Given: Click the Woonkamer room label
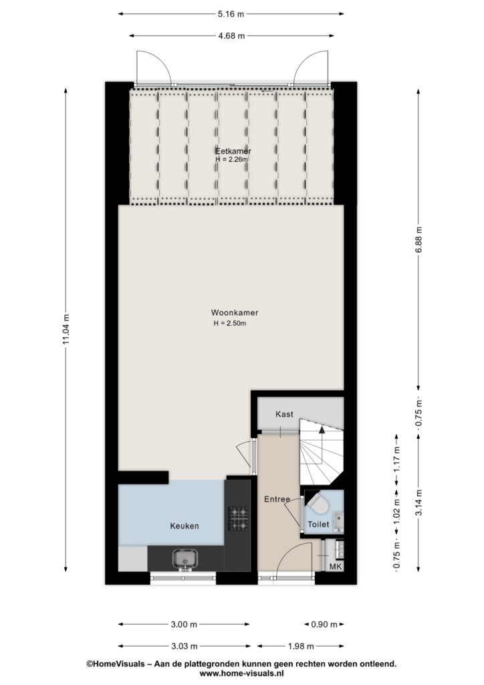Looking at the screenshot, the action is [x=235, y=313].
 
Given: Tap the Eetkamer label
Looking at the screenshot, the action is [x=233, y=151].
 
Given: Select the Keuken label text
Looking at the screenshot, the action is [x=184, y=526].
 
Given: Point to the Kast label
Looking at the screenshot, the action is [x=284, y=414].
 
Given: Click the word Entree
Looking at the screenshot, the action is [x=277, y=499].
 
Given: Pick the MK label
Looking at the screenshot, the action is [x=335, y=567].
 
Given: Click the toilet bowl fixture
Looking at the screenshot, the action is [x=318, y=504].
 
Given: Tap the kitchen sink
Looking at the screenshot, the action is [x=185, y=559].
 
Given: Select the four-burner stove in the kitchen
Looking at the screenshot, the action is [x=239, y=518].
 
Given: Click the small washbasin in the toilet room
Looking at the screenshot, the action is [x=339, y=521].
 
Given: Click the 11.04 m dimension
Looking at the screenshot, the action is [x=66, y=329].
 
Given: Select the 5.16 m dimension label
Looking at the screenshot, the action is [x=231, y=14].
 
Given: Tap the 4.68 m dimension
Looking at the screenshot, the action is [x=231, y=36].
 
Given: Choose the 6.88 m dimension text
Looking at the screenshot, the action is [x=418, y=240].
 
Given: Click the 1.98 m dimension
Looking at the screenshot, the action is [x=301, y=646].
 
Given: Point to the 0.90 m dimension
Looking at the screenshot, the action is [x=324, y=624].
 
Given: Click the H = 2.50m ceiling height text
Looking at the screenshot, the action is [x=230, y=324].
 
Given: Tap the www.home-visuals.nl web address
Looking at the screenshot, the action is [x=242, y=673].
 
